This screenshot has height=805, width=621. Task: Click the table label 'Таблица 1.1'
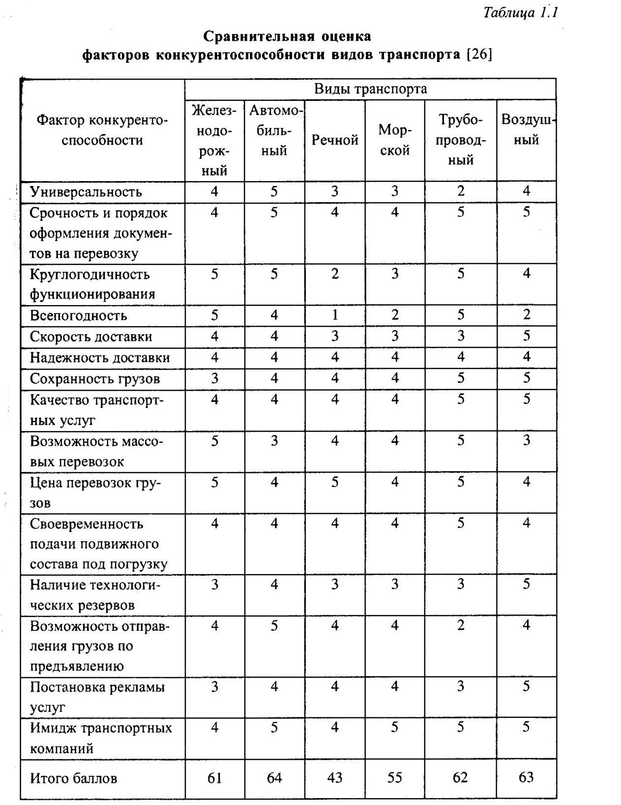pyautogui.click(x=521, y=12)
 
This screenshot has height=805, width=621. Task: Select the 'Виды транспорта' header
pyautogui.click(x=370, y=89)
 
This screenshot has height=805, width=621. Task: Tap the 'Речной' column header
pyautogui.click(x=335, y=140)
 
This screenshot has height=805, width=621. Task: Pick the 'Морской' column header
pyautogui.click(x=395, y=140)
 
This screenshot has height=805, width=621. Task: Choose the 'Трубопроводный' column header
pyautogui.click(x=461, y=140)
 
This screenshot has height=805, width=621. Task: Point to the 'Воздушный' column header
pyautogui.click(x=527, y=130)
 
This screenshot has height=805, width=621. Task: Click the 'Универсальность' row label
pyautogui.click(x=86, y=191)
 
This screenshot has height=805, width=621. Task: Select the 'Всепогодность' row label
pyautogui.click(x=79, y=315)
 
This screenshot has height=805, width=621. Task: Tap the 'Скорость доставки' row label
pyautogui.click(x=91, y=337)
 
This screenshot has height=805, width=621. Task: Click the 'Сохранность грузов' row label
pyautogui.click(x=95, y=379)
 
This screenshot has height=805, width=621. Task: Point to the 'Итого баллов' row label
pyautogui.click(x=74, y=778)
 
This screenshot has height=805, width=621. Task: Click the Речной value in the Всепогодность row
pyautogui.click(x=335, y=315)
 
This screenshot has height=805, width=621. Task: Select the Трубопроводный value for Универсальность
pyautogui.click(x=461, y=191)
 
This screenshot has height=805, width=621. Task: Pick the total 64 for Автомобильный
pyautogui.click(x=274, y=778)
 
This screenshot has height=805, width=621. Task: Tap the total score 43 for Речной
pyautogui.click(x=335, y=778)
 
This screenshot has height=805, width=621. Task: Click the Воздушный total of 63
pyautogui.click(x=527, y=777)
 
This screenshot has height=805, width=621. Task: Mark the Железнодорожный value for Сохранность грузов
pyautogui.click(x=214, y=378)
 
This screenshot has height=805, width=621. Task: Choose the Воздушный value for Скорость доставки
pyautogui.click(x=527, y=336)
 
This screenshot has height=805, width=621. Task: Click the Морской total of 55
pyautogui.click(x=395, y=778)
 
